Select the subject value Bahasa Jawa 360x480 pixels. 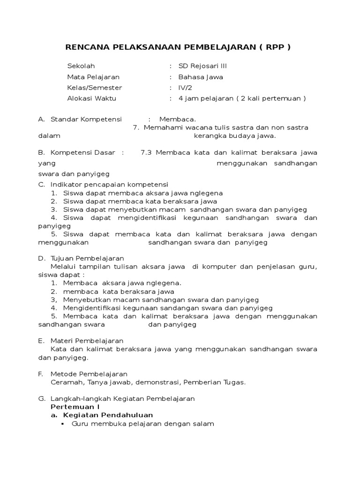201,77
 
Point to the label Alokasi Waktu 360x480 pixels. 91,98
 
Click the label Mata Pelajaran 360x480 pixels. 93,77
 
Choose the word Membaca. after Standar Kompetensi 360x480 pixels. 178,119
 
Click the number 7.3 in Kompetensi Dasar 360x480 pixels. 146,153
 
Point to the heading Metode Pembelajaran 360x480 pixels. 89,374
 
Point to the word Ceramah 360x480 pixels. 66,382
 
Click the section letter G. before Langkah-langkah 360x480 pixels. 41,399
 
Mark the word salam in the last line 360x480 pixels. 205,424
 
